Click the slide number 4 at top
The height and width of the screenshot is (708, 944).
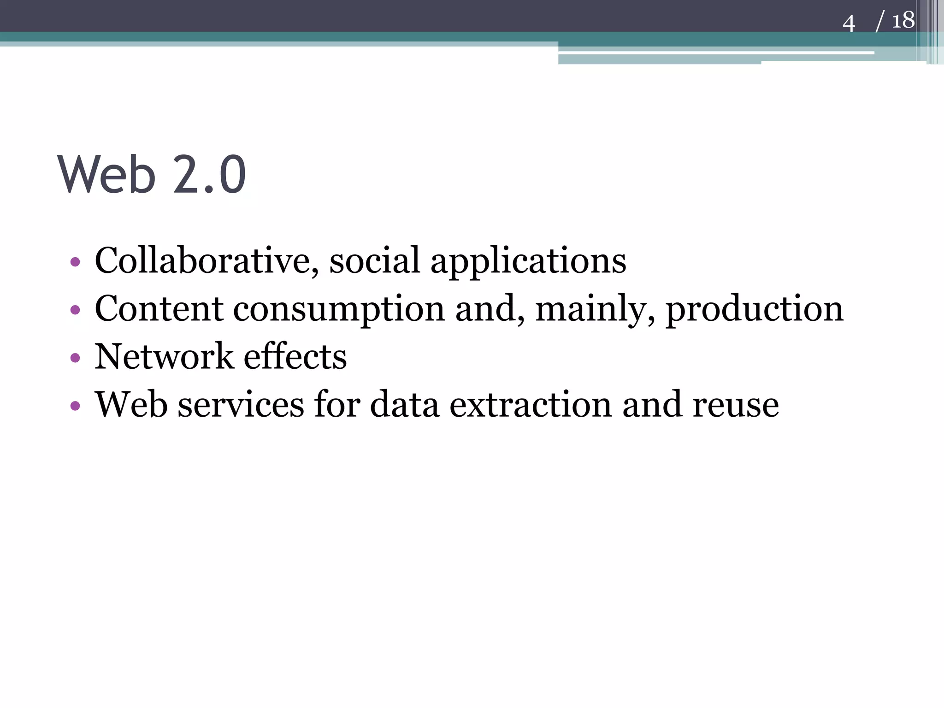[849, 24]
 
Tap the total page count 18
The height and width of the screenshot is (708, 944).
[903, 21]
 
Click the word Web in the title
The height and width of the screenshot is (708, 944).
[106, 175]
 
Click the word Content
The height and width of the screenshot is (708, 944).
[159, 308]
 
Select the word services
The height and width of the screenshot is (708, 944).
[241, 404]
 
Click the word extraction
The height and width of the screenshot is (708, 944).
[531, 404]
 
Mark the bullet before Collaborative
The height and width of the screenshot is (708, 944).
[75, 262]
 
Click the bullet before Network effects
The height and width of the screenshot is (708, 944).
[75, 358]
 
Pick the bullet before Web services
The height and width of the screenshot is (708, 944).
[75, 406]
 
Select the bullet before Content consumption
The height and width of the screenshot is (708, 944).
[75, 310]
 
